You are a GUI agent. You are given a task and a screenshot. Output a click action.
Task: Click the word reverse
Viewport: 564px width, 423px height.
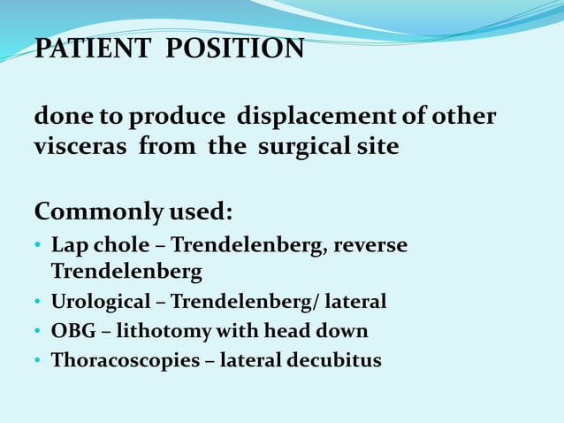coord(370,244)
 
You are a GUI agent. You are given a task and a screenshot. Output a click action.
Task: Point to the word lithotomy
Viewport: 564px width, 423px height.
coord(169,331)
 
